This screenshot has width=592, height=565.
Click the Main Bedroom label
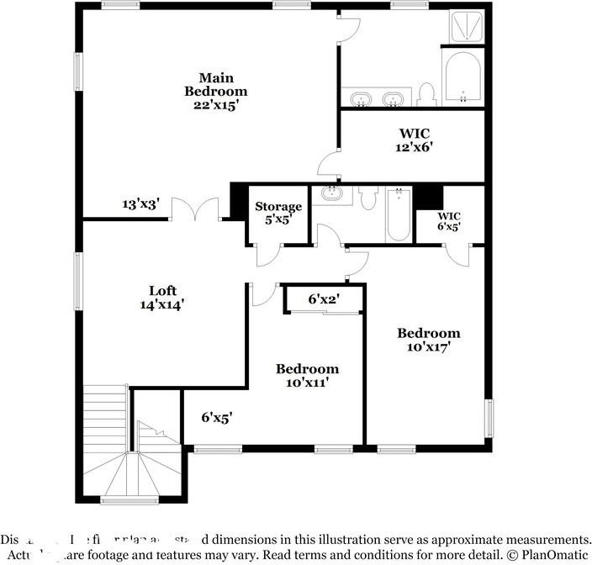point(216,85)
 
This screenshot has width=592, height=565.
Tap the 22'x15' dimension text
point(216,105)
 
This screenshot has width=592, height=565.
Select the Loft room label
point(161,291)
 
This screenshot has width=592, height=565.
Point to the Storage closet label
point(278,207)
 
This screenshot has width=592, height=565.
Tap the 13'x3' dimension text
point(140,203)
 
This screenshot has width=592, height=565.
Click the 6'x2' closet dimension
point(324,298)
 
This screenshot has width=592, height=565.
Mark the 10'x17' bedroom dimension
point(429,346)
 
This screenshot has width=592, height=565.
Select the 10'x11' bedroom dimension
point(308,383)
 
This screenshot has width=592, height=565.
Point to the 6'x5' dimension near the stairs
point(216,416)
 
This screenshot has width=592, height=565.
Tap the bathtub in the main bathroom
point(462,80)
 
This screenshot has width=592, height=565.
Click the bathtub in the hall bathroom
point(397,215)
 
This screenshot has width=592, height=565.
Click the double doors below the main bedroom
point(196,209)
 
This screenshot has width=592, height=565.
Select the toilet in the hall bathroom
point(367,198)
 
